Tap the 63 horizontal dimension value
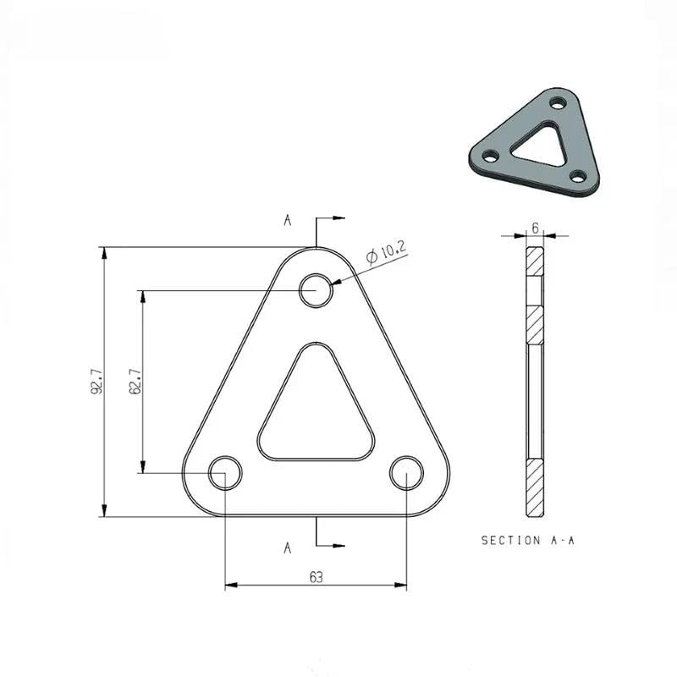click(x=316, y=577)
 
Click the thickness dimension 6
click(x=536, y=228)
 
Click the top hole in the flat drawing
click(x=316, y=290)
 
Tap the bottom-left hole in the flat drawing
click(x=225, y=472)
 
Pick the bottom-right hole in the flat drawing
click(x=406, y=472)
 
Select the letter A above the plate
click(x=288, y=221)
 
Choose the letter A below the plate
click(x=288, y=548)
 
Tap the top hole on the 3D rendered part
click(x=557, y=102)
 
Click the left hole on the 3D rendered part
click(x=488, y=155)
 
